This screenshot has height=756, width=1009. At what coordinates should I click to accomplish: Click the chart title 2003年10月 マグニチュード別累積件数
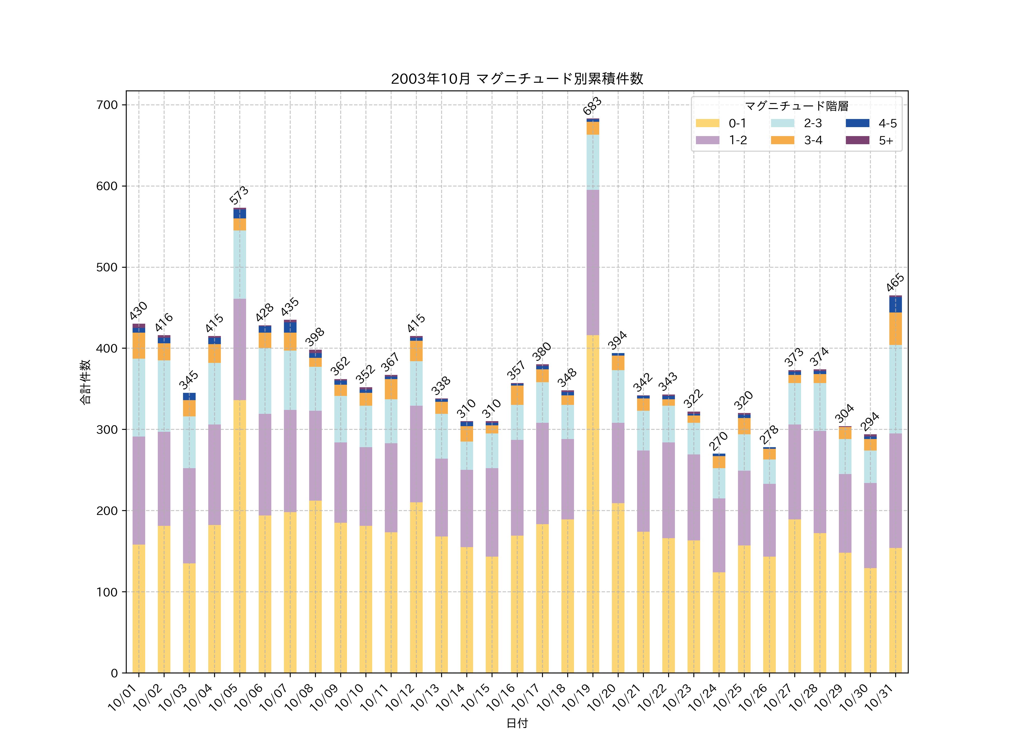coord(517,79)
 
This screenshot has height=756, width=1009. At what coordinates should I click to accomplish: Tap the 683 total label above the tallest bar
coord(593,106)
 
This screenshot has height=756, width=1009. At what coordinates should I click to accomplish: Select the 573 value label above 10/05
coord(239,195)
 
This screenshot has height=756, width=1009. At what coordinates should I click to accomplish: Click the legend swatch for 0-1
coord(707,123)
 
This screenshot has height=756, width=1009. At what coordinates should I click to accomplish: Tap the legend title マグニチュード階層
coord(797,106)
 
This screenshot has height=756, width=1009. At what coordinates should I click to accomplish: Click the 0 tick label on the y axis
coord(114,673)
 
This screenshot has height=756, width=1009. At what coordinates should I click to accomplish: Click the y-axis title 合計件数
coord(85,382)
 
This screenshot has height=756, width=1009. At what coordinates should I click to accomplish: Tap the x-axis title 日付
coord(517,723)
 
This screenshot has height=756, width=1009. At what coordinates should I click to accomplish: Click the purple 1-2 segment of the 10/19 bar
coord(593,262)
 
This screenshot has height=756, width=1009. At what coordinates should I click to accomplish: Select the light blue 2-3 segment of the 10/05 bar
coord(239,264)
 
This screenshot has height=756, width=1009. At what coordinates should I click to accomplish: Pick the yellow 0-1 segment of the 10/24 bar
coord(719,622)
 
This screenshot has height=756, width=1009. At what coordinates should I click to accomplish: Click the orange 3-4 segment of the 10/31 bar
coord(895,328)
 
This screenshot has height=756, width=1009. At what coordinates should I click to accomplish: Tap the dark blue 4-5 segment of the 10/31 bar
coord(895,304)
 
